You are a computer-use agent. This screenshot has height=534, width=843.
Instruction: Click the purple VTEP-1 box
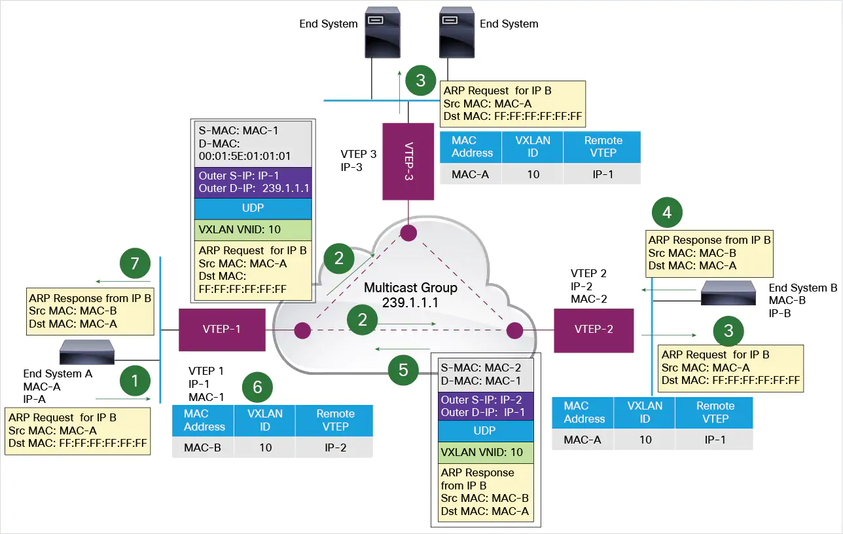[223, 330]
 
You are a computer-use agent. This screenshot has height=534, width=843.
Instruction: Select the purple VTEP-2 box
[594, 330]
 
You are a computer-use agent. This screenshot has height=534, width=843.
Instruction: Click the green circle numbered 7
[135, 264]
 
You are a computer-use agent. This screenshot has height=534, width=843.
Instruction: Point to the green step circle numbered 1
[135, 381]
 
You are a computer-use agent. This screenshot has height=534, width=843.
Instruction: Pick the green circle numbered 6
[257, 387]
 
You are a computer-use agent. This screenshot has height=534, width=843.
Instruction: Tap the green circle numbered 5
[403, 370]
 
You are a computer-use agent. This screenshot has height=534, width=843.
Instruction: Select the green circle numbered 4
[667, 212]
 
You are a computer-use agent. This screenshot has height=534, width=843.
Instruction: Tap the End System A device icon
[88, 352]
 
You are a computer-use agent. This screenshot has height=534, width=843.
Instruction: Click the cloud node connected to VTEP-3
[409, 233]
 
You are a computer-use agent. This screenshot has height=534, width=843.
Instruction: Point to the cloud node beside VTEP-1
[302, 330]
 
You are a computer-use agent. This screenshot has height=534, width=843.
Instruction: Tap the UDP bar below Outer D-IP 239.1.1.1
[253, 208]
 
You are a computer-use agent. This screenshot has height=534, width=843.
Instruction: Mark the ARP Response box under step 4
[709, 253]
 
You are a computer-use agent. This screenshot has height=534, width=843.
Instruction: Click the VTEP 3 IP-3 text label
[358, 161]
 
